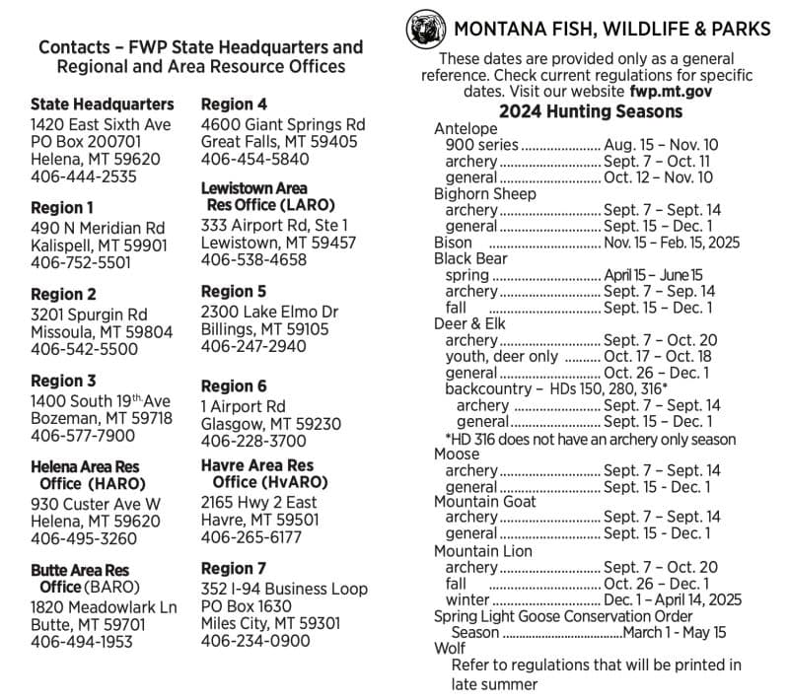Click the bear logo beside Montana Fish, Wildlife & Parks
point(424,29)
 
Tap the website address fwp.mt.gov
point(671,91)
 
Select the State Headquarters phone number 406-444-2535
point(84,177)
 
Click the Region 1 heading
point(62,208)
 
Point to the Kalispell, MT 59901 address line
point(99,245)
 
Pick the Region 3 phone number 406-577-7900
point(84,436)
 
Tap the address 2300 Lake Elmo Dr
point(269,312)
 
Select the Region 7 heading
point(234,569)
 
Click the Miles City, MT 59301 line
point(271,623)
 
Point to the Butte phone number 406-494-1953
point(84,643)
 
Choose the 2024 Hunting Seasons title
point(590,111)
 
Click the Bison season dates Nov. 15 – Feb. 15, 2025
point(673,243)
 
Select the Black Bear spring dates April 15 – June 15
point(654,275)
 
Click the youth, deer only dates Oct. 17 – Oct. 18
point(657,357)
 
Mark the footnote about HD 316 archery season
point(590,439)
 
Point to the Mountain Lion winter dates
point(673,599)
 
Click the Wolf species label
point(450,649)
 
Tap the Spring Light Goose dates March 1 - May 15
point(675,632)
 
